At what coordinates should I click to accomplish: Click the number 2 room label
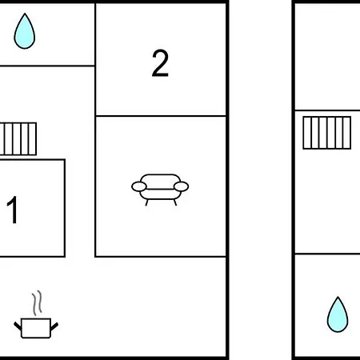click(160, 63)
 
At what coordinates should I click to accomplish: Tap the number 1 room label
click(12, 210)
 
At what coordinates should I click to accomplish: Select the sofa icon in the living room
click(160, 190)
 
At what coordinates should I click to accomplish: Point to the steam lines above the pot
click(38, 302)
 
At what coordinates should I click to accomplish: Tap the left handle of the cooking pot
click(18, 326)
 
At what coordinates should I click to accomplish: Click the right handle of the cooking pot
click(54, 326)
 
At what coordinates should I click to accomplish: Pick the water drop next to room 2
click(25, 31)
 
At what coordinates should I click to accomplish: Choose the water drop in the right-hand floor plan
click(338, 314)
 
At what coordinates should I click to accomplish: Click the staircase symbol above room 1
click(18, 138)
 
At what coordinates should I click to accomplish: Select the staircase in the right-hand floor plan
click(327, 133)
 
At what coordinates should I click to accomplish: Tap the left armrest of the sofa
click(139, 186)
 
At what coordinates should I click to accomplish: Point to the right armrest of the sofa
click(181, 186)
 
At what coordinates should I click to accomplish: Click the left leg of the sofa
click(146, 202)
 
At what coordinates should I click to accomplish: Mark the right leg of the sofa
click(175, 202)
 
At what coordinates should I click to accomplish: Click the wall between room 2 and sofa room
click(161, 116)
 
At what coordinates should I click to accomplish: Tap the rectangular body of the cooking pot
click(36, 328)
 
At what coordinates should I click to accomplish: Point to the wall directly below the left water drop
click(47, 66)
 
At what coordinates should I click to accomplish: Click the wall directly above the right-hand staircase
click(327, 110)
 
